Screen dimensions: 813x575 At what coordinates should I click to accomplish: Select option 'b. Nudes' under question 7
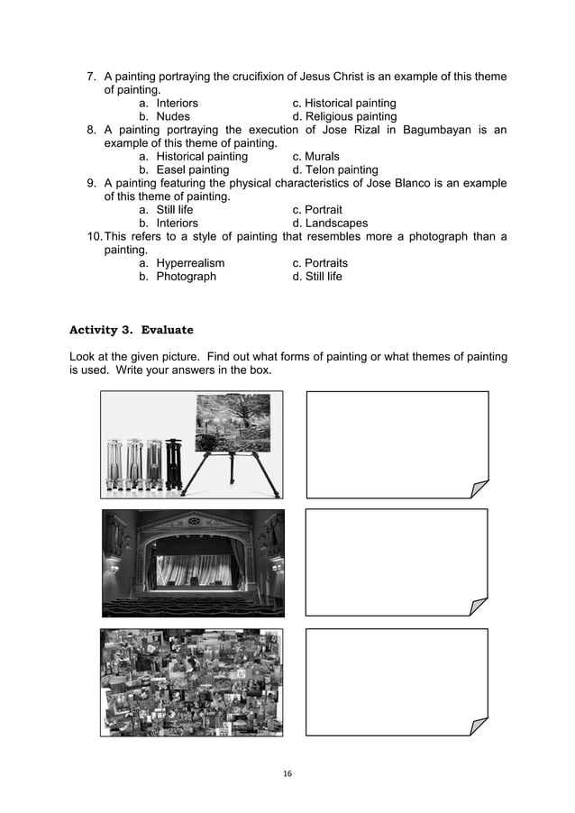(164, 116)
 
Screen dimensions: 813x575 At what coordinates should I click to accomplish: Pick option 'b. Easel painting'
(184, 169)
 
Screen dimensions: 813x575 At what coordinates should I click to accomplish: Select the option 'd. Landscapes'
(330, 223)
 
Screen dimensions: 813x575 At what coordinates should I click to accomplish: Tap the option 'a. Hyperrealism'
(181, 263)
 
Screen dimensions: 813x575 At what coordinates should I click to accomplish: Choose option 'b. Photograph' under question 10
(178, 277)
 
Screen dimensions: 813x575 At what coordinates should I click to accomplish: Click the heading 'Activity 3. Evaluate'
(132, 330)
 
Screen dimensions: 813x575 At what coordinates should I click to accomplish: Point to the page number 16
(287, 773)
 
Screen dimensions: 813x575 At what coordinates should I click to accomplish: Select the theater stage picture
(193, 563)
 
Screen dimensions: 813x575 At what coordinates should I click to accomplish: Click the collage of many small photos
(191, 682)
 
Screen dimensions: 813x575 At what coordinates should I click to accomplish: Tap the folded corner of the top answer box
(479, 488)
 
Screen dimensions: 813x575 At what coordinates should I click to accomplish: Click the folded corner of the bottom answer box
(478, 726)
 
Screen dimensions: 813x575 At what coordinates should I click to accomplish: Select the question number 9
(91, 183)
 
